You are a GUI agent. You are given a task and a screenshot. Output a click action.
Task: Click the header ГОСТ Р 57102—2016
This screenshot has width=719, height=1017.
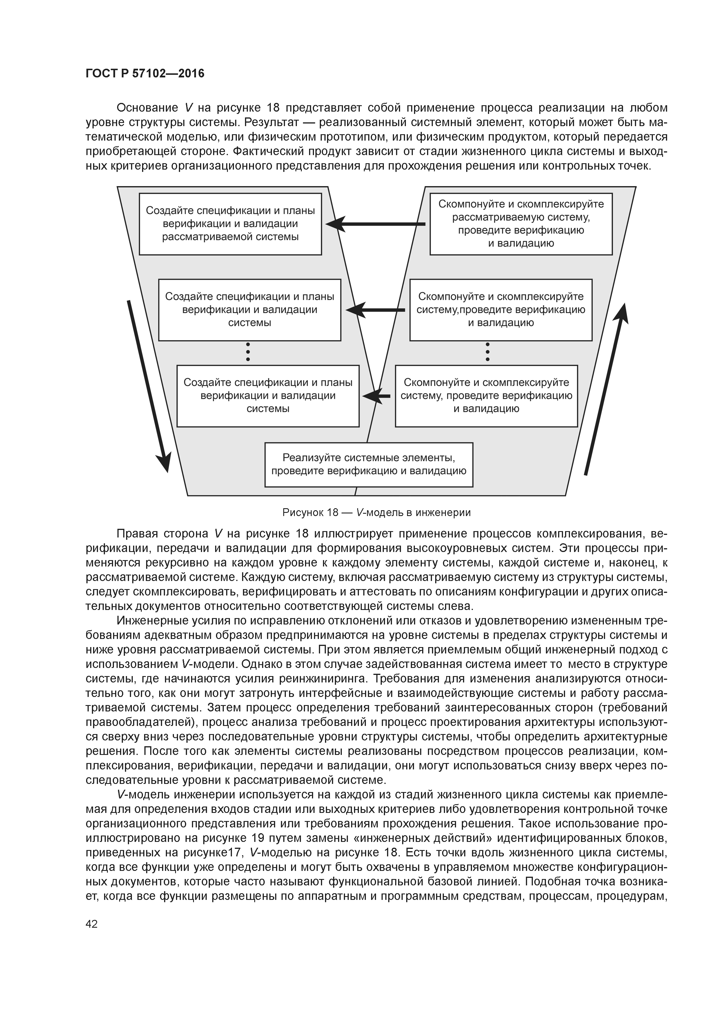click(x=145, y=74)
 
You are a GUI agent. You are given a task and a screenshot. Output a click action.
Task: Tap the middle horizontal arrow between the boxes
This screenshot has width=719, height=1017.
click(x=375, y=310)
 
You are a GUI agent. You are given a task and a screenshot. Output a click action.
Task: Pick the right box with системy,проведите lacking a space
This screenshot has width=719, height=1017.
click(x=501, y=310)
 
